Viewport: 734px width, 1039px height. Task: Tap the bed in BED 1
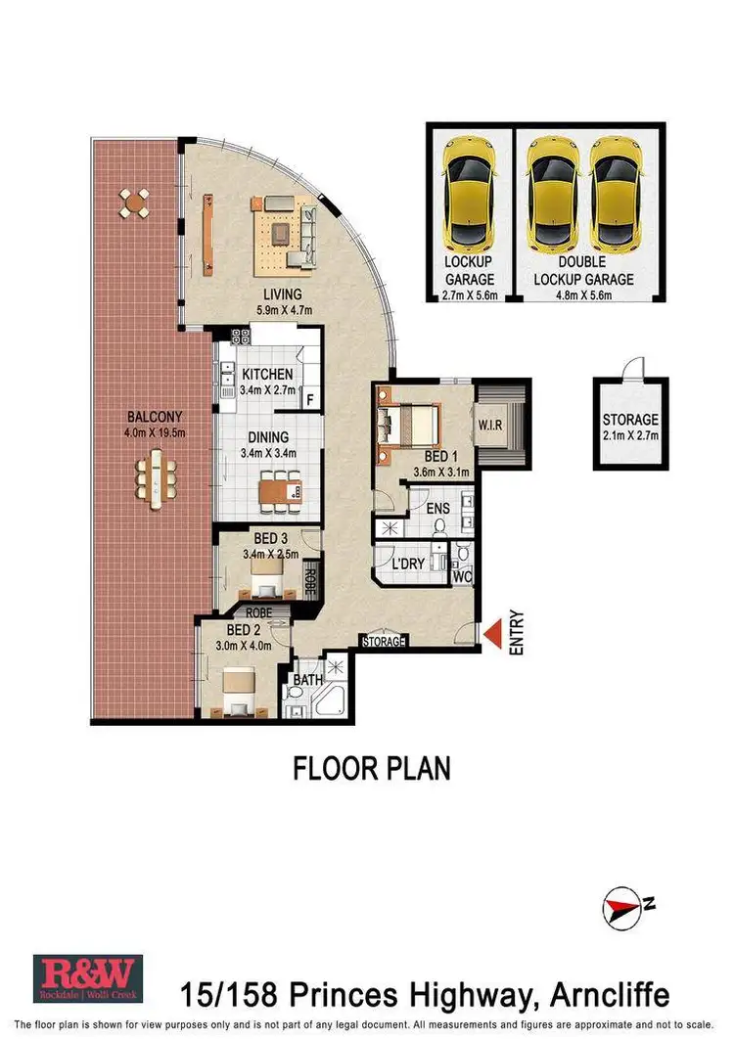[408, 426]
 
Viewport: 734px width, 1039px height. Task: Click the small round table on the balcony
[135, 203]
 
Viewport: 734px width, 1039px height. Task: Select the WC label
[462, 577]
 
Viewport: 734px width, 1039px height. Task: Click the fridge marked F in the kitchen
[309, 399]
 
